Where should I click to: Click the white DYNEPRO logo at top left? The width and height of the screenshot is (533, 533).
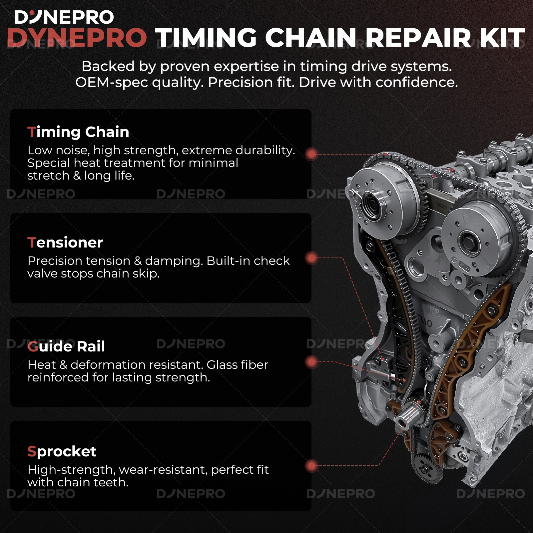point(64,17)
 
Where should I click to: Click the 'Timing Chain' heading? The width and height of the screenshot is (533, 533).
point(78,132)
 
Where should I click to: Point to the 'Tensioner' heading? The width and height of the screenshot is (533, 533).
point(65,243)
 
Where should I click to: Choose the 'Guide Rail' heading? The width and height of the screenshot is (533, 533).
point(66,346)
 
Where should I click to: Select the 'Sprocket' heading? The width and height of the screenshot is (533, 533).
point(62,451)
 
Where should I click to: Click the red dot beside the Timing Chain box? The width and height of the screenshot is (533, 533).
point(311,154)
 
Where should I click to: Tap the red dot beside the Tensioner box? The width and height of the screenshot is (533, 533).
point(311,258)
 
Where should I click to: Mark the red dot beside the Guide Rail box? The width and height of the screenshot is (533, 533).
point(311,362)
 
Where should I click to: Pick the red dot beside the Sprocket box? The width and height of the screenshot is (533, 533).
point(311,466)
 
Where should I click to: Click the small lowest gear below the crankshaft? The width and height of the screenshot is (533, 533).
point(425,466)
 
